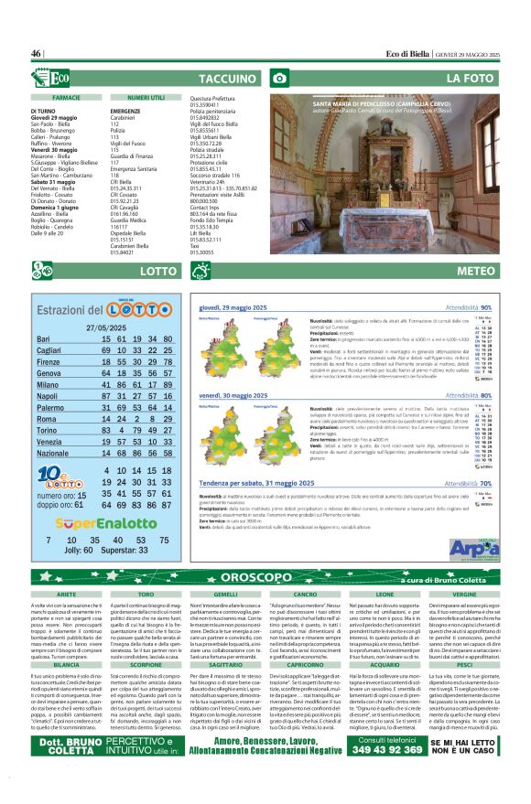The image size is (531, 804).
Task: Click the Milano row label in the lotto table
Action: (49, 386)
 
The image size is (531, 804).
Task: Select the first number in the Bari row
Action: (107, 339)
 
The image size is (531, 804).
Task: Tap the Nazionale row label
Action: (57, 453)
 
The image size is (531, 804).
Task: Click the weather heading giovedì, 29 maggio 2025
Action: (233, 308)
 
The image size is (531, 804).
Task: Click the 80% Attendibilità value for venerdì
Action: (509, 396)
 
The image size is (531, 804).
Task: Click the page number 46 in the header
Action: (38, 54)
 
